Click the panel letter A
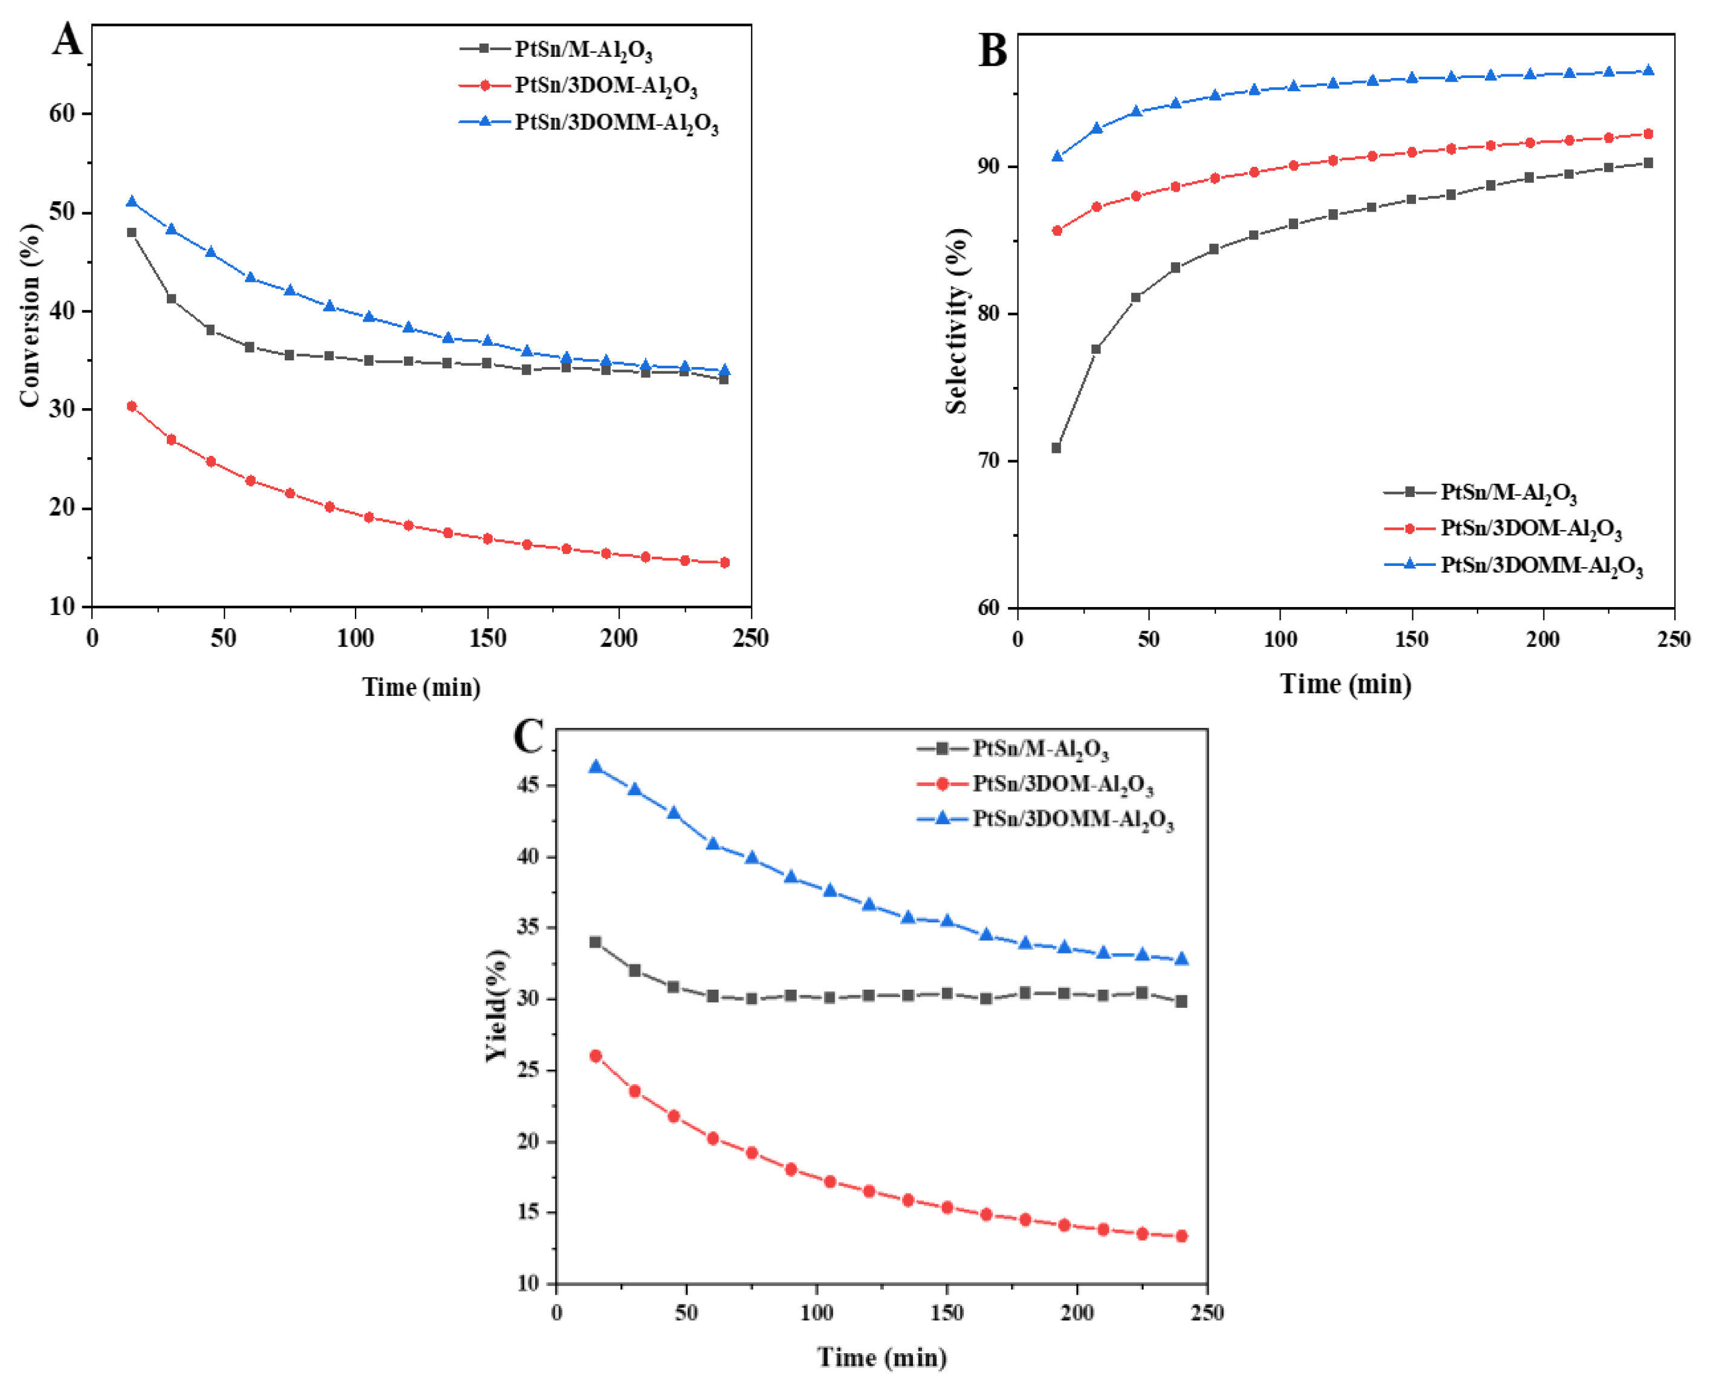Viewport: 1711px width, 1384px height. pos(67,40)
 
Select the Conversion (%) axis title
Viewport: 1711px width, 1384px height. pos(30,315)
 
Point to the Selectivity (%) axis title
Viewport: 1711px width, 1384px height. pos(956,320)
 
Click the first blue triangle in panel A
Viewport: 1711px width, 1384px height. pos(132,202)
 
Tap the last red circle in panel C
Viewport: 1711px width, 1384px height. pos(1181,1236)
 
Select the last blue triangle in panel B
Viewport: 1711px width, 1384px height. pos(1648,70)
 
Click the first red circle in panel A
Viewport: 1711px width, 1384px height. pos(132,406)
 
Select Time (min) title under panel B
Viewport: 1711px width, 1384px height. pos(1345,684)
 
